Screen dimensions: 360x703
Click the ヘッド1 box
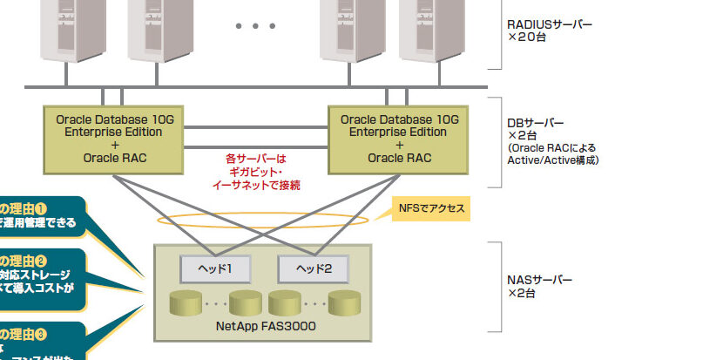[x=214, y=268]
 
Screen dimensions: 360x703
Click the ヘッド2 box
[x=313, y=268]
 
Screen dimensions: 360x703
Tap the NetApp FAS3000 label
[x=264, y=326]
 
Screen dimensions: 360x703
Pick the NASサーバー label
[x=539, y=281]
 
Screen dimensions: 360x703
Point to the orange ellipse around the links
[x=270, y=218]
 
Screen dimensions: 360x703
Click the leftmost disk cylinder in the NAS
[x=186, y=304]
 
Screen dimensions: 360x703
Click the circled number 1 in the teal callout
[x=40, y=208]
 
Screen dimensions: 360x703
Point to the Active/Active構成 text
[x=553, y=160]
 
